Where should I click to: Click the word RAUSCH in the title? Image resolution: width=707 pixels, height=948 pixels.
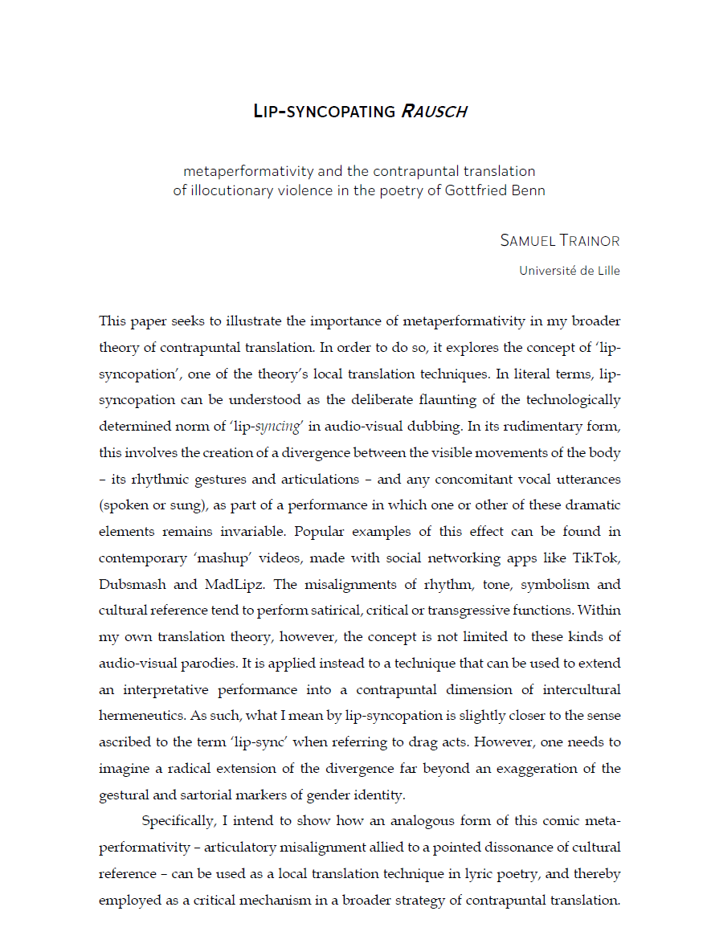(x=433, y=112)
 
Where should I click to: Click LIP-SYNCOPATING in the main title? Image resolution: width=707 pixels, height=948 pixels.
(x=324, y=112)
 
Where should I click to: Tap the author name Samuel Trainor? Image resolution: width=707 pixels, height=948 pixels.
(x=560, y=240)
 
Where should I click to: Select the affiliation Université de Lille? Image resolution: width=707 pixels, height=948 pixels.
(x=570, y=271)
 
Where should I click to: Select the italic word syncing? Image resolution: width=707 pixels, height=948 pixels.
(x=278, y=427)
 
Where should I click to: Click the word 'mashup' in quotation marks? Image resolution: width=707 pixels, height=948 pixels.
(x=253, y=558)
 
